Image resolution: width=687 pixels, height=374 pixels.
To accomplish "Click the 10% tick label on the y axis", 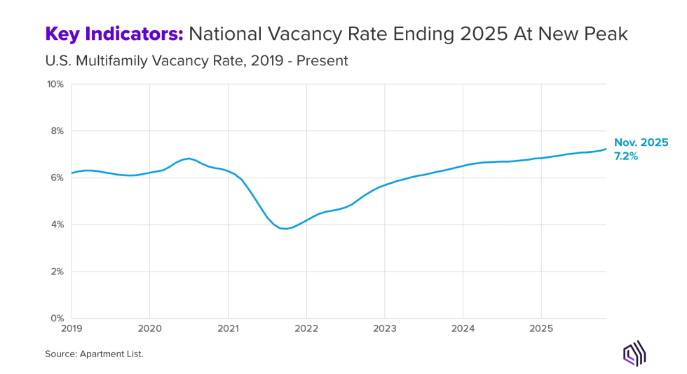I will [x=55, y=84].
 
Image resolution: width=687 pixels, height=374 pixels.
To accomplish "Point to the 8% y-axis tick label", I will [x=57, y=131].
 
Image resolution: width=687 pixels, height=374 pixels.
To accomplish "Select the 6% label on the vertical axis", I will [x=57, y=178].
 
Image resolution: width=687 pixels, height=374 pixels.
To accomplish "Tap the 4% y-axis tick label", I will [x=57, y=225].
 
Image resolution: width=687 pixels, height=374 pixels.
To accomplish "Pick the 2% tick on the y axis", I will [x=57, y=272].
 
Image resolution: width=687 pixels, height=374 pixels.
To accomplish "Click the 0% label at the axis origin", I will [x=57, y=319].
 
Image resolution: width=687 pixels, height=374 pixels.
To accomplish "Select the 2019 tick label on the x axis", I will [x=72, y=328].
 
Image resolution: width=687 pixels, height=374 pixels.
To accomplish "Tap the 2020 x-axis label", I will [x=150, y=328].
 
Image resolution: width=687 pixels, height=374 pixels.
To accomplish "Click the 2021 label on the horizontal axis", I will [x=228, y=328].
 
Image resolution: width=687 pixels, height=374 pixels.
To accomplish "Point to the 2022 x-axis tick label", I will [x=306, y=328].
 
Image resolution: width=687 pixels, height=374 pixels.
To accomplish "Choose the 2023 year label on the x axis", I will [x=384, y=328].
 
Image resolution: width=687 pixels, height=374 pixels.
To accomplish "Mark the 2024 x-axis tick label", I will [x=463, y=328].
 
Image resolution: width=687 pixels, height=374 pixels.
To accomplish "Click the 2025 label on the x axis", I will [x=540, y=328].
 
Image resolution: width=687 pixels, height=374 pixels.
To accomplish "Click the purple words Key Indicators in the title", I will [x=114, y=33].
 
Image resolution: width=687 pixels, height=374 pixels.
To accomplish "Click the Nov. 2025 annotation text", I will [x=641, y=142].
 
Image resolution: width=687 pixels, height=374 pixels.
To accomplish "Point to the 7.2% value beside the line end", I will [x=625, y=156].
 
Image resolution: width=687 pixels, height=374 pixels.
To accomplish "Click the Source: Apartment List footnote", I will [x=94, y=354].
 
